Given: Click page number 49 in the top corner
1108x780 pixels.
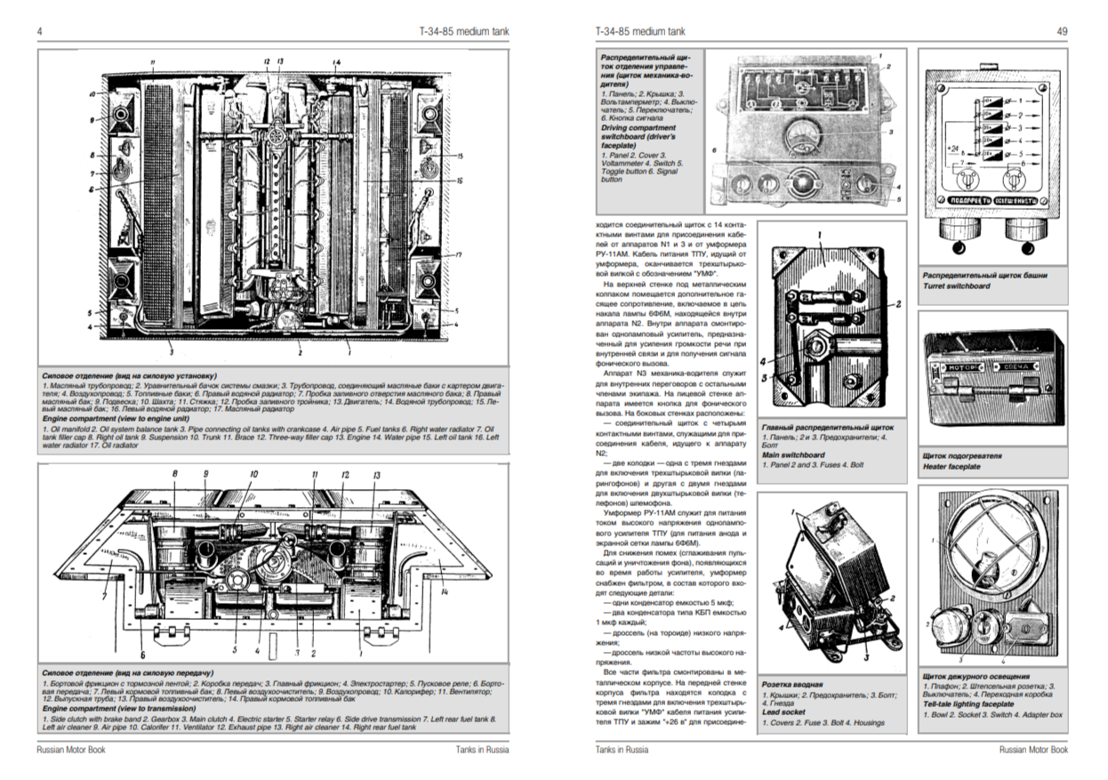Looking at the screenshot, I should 1062,31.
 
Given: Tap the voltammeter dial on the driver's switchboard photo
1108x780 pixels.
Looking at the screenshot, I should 804,136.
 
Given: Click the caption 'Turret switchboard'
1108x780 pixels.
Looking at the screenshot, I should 955,287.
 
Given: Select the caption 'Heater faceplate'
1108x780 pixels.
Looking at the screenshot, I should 952,467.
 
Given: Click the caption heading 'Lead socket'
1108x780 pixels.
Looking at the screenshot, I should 783,713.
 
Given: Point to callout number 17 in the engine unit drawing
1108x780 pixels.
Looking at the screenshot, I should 460,255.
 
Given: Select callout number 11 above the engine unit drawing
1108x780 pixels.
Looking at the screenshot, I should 152,61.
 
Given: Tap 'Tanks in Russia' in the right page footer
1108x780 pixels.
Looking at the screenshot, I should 622,750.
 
